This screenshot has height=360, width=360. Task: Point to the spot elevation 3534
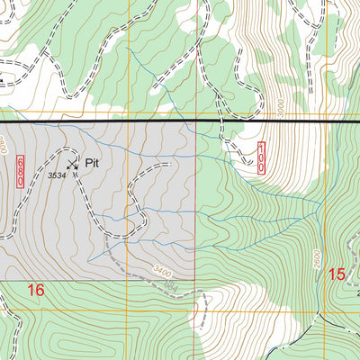click(x=57, y=175)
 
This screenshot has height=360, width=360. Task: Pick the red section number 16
click(x=35, y=290)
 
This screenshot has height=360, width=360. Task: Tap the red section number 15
click(x=337, y=274)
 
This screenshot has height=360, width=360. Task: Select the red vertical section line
click(x=196, y=225)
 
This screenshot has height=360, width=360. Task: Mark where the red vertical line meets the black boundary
click(x=196, y=121)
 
